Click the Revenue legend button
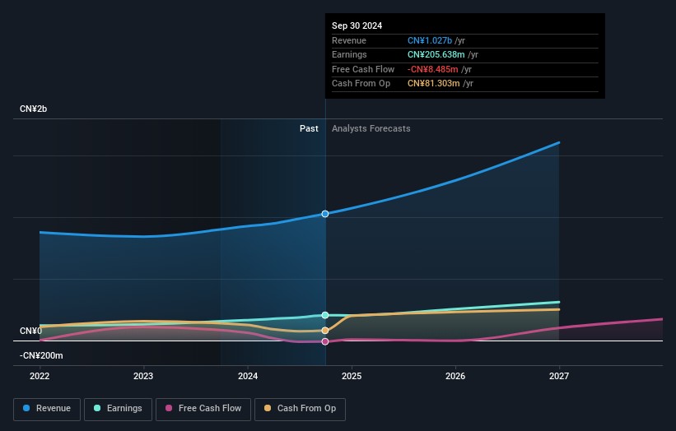click(x=47, y=409)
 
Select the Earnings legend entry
click(x=118, y=409)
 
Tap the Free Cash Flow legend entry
click(x=203, y=409)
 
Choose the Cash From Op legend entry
click(x=300, y=409)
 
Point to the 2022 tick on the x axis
click(x=40, y=376)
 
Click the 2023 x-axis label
click(x=143, y=376)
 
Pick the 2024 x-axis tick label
click(x=248, y=376)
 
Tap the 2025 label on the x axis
click(x=352, y=376)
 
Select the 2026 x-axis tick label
click(x=455, y=376)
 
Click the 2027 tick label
click(x=559, y=376)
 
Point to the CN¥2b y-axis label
click(x=33, y=109)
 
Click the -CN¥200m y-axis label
click(x=41, y=355)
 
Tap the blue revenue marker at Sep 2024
click(x=325, y=214)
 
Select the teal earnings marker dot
click(x=325, y=315)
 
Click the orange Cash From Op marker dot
click(x=325, y=331)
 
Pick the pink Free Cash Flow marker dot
click(x=325, y=341)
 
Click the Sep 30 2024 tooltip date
click(x=357, y=25)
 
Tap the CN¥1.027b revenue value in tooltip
click(x=430, y=40)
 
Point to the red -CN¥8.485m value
click(x=433, y=69)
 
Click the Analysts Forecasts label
click(x=371, y=128)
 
